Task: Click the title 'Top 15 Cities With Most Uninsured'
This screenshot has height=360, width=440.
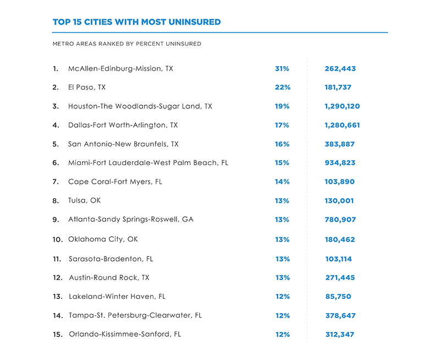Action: (136, 23)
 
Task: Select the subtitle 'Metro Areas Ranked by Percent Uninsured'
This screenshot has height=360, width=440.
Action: (127, 43)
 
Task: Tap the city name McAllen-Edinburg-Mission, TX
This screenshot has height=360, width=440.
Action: (120, 69)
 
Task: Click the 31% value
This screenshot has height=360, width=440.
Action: (282, 69)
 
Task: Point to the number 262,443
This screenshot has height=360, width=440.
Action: (340, 69)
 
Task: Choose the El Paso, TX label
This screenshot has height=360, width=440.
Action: (87, 88)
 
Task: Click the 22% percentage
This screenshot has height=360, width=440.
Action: (282, 88)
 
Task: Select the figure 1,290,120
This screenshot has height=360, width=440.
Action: (342, 106)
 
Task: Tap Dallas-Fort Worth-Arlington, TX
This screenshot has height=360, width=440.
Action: (123, 125)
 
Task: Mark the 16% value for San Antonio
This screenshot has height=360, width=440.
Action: (282, 144)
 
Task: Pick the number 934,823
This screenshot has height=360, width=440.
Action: (340, 163)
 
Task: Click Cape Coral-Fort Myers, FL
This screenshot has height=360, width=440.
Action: (115, 182)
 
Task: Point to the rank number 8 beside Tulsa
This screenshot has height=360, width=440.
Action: (56, 201)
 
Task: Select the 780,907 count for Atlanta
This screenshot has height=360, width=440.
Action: (340, 220)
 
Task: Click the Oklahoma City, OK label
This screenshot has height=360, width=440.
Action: (103, 239)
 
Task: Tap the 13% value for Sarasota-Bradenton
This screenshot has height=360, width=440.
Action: (282, 259)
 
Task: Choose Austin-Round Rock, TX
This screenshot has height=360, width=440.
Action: (109, 277)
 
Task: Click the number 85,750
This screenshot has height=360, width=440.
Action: (338, 297)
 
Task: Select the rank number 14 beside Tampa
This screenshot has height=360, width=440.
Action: (57, 315)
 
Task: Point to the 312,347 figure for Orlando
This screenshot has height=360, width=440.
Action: (340, 334)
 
